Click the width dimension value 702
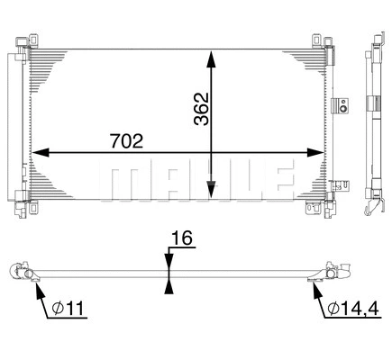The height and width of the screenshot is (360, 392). pos(125,140)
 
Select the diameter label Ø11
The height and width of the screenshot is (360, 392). pos(69,310)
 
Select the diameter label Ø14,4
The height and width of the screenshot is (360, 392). pos(353,310)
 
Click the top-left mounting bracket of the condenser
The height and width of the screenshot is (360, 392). pos(32,40)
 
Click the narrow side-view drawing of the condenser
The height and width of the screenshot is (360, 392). pos(373,126)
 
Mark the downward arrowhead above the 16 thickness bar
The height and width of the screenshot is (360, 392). pos(168,260)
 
